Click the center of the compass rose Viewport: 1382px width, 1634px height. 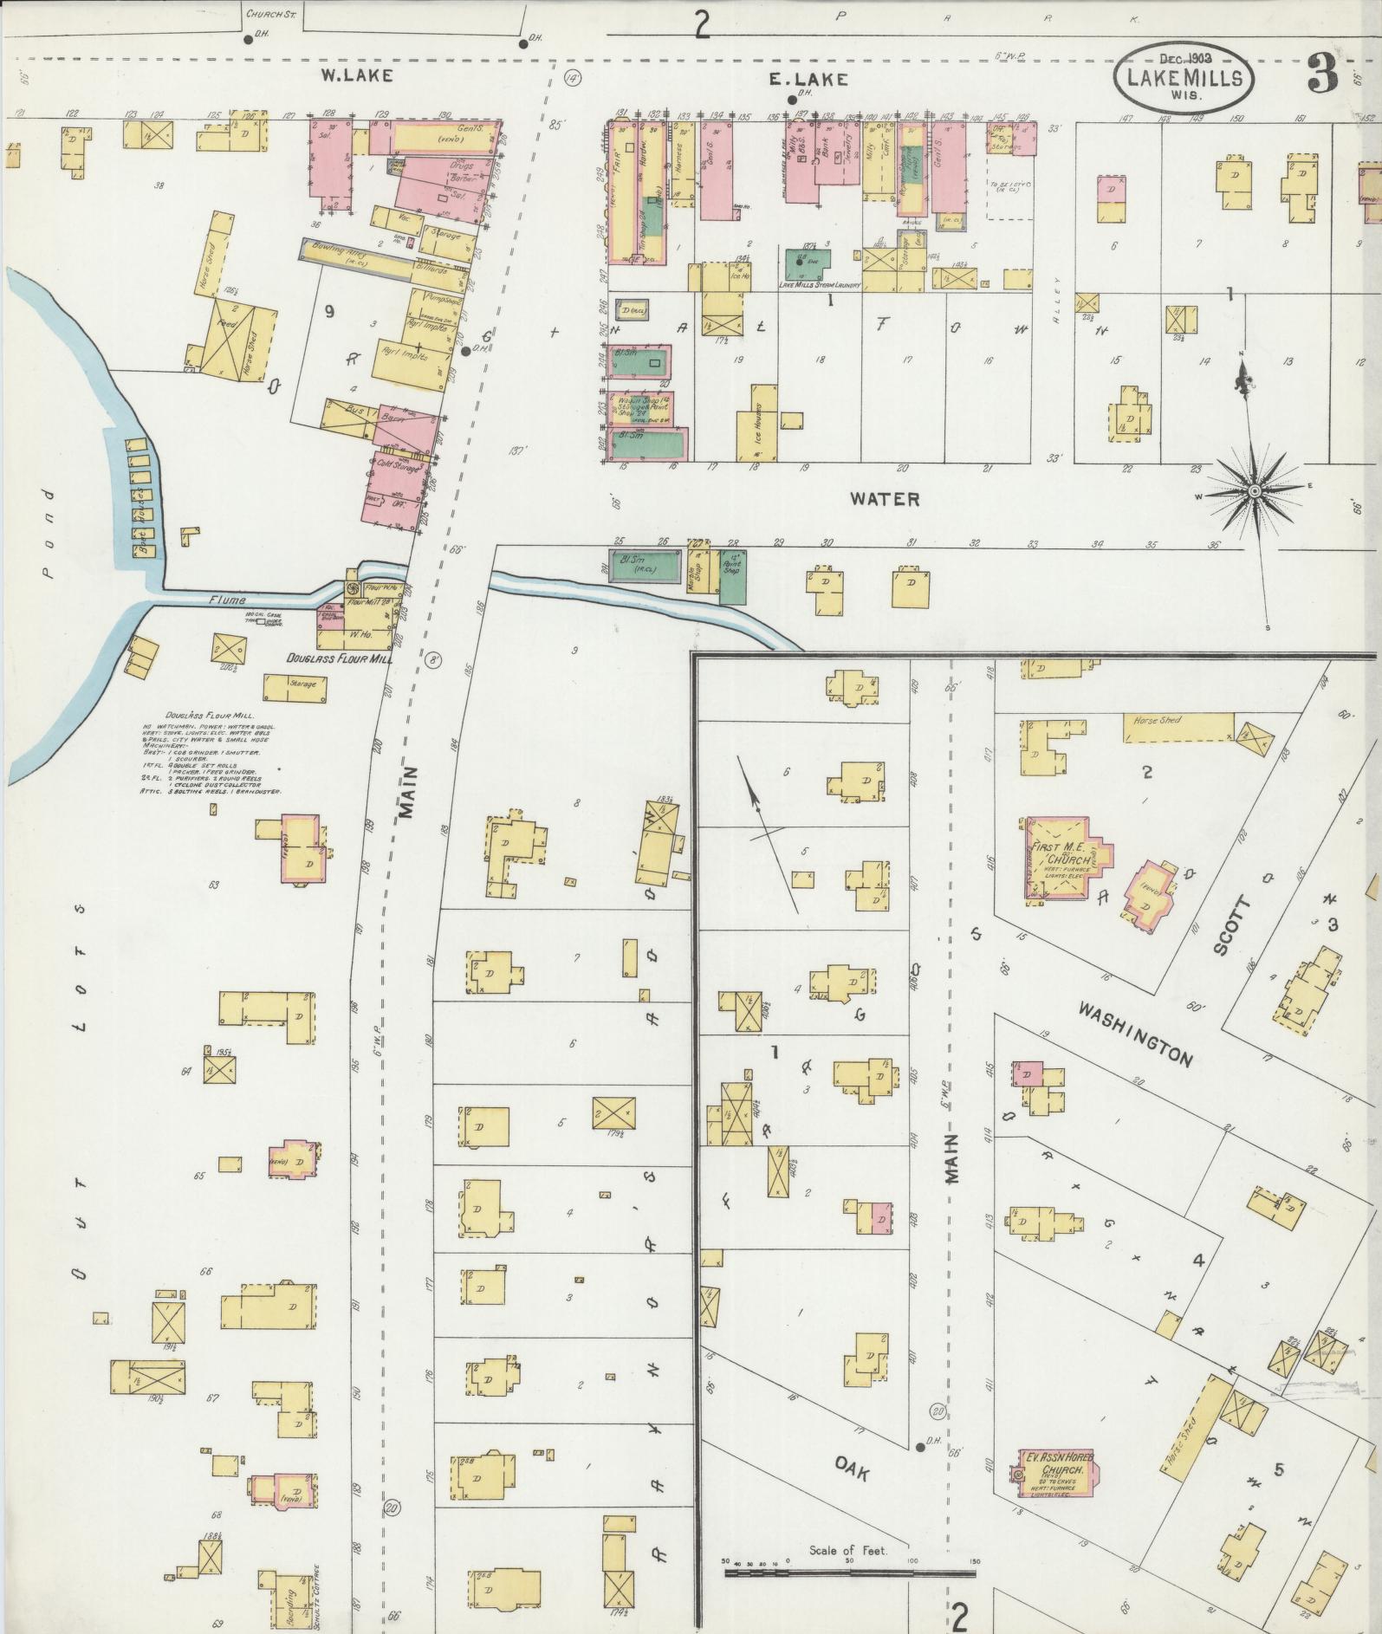(x=1253, y=491)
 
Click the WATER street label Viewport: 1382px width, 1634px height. (x=884, y=499)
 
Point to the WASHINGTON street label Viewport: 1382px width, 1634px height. (x=1136, y=1034)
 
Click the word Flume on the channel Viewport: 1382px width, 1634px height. (x=227, y=600)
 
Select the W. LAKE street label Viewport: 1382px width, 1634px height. (x=357, y=76)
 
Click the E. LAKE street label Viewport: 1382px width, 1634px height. (x=795, y=79)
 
